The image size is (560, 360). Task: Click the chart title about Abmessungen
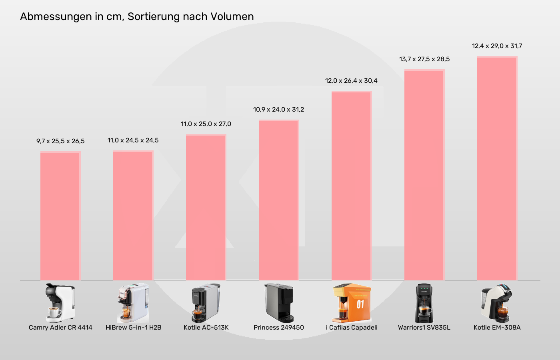pyautogui.click(x=137, y=16)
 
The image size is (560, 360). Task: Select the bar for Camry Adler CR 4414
pyautogui.click(x=60, y=216)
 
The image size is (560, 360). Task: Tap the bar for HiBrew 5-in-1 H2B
pyautogui.click(x=133, y=216)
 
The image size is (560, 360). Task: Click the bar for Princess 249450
pyautogui.click(x=279, y=200)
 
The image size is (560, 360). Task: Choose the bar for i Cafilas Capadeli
pyautogui.click(x=352, y=186)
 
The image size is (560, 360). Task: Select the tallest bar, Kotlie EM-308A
pyautogui.click(x=497, y=168)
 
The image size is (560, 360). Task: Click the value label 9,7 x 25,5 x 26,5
pyautogui.click(x=60, y=141)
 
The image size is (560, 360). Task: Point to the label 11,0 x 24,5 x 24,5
pyautogui.click(x=133, y=140)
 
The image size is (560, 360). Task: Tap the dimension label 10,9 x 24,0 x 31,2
pyautogui.click(x=279, y=110)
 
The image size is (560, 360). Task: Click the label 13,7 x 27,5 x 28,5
pyautogui.click(x=424, y=59)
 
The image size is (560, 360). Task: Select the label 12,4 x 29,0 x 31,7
pyautogui.click(x=497, y=46)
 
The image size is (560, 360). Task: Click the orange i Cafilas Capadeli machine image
pyautogui.click(x=352, y=303)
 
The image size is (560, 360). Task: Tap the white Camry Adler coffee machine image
pyautogui.click(x=60, y=303)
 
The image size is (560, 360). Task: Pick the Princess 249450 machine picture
pyautogui.click(x=279, y=303)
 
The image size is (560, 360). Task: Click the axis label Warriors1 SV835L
pyautogui.click(x=424, y=328)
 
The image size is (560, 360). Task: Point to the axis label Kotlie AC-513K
pyautogui.click(x=206, y=328)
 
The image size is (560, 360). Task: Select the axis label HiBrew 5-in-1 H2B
pyautogui.click(x=133, y=328)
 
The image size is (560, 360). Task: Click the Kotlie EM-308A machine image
pyautogui.click(x=497, y=303)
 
